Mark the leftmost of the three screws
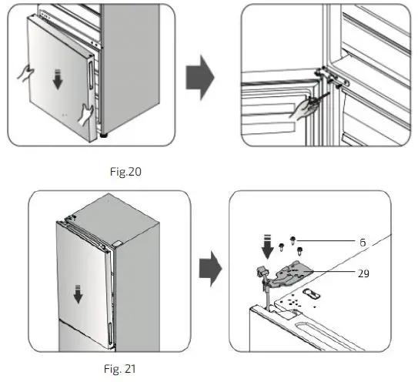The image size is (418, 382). pos(283,247)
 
